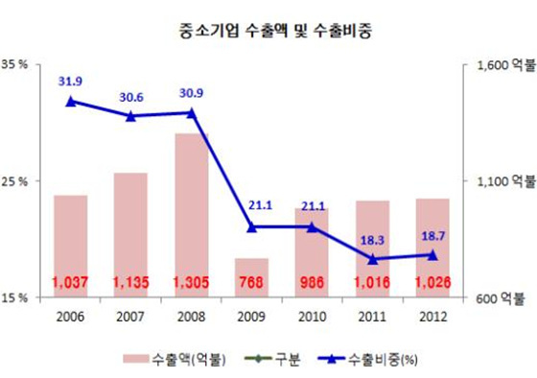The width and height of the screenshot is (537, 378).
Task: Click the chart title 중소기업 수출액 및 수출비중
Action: coord(268,29)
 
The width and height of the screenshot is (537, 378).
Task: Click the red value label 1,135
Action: coord(130,283)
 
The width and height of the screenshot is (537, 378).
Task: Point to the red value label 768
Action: coord(252,283)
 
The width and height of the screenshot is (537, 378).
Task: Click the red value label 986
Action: coord(312,283)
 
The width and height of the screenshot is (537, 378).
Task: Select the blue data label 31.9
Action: coord(70,82)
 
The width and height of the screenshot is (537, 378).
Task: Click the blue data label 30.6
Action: coord(130,97)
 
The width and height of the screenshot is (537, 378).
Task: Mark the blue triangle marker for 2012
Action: coord(432,254)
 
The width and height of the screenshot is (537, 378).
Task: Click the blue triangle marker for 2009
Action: coord(252,227)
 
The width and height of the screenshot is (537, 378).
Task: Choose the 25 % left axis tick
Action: coord(21,181)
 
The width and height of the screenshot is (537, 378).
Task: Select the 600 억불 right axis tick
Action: coord(500,298)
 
